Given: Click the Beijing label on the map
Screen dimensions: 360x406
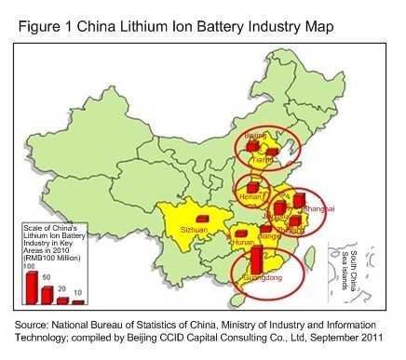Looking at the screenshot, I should pos(255,136).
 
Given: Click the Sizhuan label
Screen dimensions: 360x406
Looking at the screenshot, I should pos(193,228).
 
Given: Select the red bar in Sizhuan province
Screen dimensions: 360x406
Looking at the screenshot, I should pos(202,218).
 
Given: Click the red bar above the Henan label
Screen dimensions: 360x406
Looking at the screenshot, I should pos(252,187).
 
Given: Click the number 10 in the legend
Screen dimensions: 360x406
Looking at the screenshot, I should pos(78,291).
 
